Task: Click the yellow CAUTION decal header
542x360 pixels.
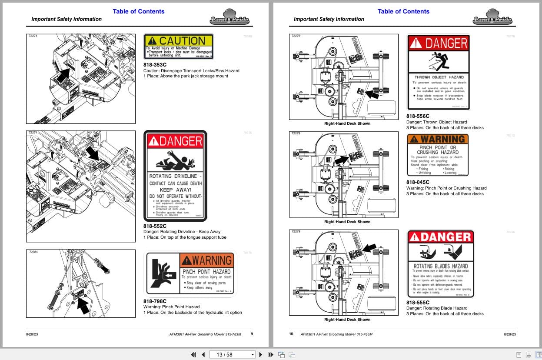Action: click(178, 40)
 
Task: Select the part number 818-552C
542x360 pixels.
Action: click(155, 226)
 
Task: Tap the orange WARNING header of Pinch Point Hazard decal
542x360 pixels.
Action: click(206, 260)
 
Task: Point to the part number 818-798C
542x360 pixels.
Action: click(155, 301)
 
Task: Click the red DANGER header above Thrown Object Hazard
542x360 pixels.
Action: click(439, 43)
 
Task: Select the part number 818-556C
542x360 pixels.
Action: click(418, 116)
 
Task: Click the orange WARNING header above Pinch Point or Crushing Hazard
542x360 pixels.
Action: click(438, 139)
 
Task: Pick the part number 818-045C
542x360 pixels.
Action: click(418, 182)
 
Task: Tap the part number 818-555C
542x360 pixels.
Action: click(418, 303)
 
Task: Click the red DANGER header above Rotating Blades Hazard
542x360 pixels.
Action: click(440, 237)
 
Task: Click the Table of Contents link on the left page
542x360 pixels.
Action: click(139, 11)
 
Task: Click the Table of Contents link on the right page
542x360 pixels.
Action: click(403, 11)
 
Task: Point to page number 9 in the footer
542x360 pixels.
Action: click(252, 334)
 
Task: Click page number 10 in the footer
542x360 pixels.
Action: click(291, 334)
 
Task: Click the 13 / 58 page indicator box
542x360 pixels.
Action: click(233, 354)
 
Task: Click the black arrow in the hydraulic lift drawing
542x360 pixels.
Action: click(83, 305)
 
